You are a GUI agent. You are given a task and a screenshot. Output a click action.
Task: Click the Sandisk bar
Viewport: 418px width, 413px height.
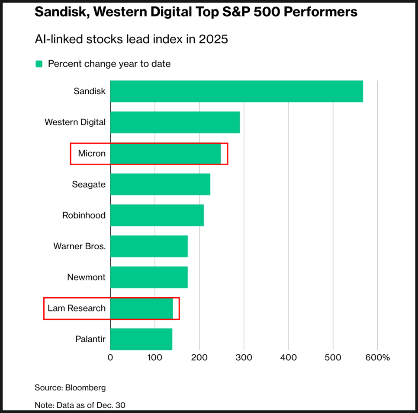click(x=236, y=91)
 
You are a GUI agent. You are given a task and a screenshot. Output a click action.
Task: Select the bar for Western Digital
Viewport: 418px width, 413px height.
click(x=175, y=122)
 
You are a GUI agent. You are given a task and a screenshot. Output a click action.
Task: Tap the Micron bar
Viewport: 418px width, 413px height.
click(x=165, y=153)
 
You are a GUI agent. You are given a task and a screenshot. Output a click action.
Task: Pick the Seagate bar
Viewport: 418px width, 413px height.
click(x=160, y=184)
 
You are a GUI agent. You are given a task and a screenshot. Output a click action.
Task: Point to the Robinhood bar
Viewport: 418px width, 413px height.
click(x=157, y=215)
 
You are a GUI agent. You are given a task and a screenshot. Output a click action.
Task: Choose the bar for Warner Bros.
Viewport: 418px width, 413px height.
click(x=149, y=246)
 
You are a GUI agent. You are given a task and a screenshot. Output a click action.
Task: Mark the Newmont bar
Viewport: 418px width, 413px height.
click(x=149, y=277)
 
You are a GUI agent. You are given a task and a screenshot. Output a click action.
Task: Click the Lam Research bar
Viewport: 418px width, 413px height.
click(x=141, y=308)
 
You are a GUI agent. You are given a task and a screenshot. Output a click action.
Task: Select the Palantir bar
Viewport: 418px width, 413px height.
click(x=141, y=339)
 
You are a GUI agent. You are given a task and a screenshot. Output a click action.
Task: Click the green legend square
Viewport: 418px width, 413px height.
click(x=39, y=64)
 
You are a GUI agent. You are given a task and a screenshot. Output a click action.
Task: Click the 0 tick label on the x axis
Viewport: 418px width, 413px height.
click(x=110, y=358)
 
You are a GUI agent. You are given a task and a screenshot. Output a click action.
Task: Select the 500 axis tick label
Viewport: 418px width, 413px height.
click(x=333, y=358)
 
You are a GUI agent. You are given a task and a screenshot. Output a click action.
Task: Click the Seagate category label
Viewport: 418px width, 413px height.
click(x=89, y=184)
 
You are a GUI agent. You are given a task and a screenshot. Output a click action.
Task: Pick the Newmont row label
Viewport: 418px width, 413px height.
click(x=86, y=277)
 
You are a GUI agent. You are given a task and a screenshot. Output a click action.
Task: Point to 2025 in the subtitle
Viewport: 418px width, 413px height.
click(x=213, y=39)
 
